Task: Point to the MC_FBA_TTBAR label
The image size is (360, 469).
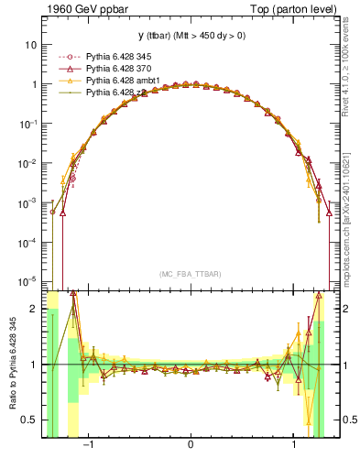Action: tap(190, 273)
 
